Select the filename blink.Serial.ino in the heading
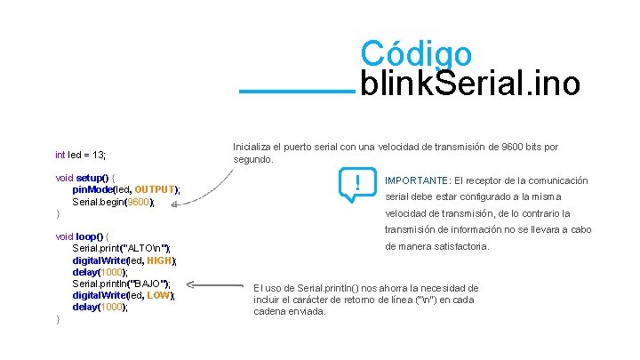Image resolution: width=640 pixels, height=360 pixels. [470, 85]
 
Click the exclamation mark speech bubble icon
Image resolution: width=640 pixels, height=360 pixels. [356, 184]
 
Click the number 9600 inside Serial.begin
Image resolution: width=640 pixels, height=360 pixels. [139, 202]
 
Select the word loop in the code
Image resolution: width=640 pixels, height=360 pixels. [89, 236]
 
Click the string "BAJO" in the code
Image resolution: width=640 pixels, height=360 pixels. [149, 284]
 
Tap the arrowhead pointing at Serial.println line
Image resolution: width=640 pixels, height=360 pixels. [191, 285]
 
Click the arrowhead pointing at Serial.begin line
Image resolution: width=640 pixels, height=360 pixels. [175, 204]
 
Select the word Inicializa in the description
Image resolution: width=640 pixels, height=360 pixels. [254, 146]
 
